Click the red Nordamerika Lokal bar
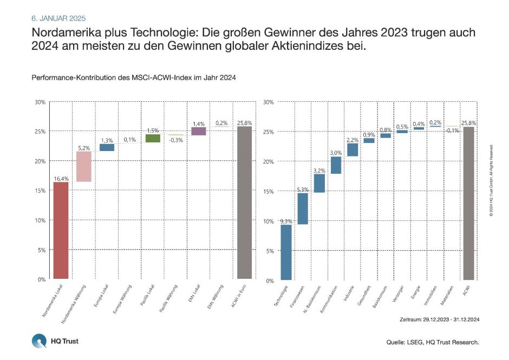click(x=61, y=230)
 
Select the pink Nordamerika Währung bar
click(x=84, y=166)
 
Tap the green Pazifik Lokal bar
click(x=153, y=138)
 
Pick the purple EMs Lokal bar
click(x=199, y=131)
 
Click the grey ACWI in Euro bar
click(x=245, y=202)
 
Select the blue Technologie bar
click(x=286, y=252)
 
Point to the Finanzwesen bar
click(x=303, y=208)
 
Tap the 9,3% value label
click(x=286, y=220)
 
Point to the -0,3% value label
click(x=176, y=140)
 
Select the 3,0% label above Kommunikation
click(x=336, y=153)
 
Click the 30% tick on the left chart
click(x=40, y=102)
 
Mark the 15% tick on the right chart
click(x=269, y=191)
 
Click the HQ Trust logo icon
click(x=39, y=342)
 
